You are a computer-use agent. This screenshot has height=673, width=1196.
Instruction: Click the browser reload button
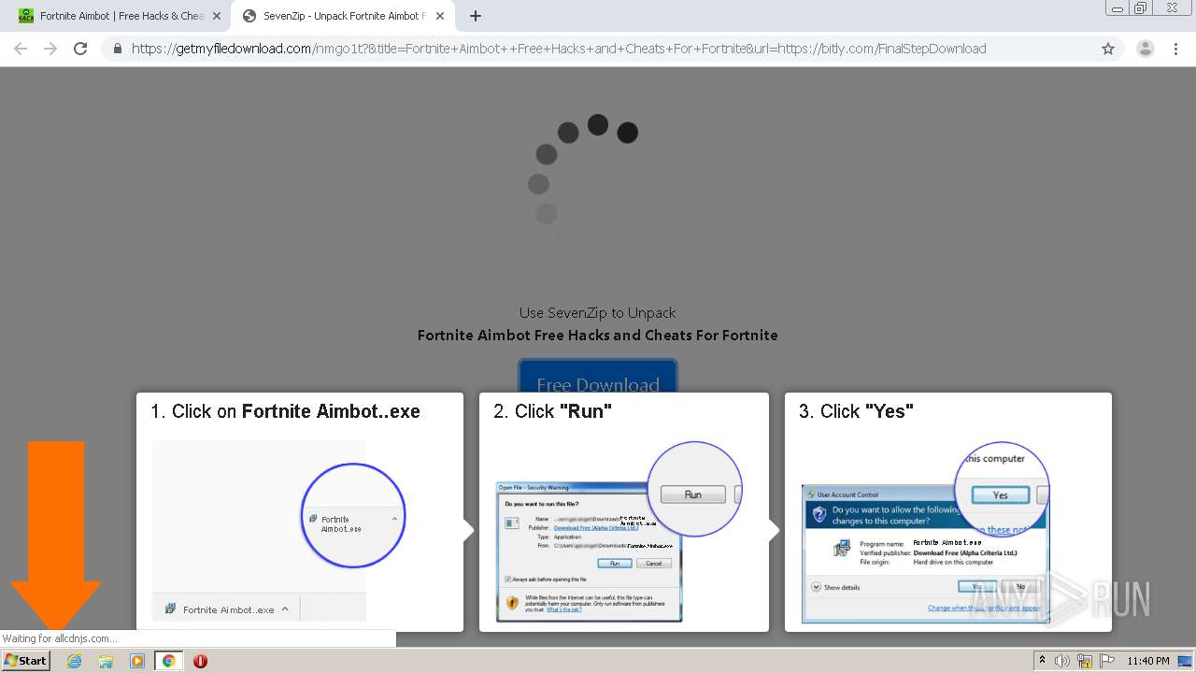coord(80,49)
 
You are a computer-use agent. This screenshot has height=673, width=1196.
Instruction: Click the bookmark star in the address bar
coord(1108,49)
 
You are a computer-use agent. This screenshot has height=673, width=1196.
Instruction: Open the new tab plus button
coord(476,16)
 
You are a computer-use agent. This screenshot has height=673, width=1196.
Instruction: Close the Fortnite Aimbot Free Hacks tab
coord(217,16)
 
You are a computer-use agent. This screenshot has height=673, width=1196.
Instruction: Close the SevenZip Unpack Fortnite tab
coord(440,16)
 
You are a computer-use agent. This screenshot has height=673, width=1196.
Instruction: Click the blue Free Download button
coord(598,379)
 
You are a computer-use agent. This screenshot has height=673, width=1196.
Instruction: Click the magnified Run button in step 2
coord(692,494)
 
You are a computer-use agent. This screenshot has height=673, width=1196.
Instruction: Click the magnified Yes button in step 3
coord(1000,494)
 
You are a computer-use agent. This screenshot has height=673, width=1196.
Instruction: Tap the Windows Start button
coord(25,661)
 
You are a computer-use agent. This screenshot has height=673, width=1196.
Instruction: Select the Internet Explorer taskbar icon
coord(74,661)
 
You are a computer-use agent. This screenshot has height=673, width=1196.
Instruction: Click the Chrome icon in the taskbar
coord(168,661)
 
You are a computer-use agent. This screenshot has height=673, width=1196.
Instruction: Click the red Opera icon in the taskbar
coord(200,661)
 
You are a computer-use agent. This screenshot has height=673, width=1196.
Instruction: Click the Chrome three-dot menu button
coord(1175,49)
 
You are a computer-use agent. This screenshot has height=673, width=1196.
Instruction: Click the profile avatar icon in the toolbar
coord(1145,49)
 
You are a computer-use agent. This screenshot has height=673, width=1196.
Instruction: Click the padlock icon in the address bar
coord(117,49)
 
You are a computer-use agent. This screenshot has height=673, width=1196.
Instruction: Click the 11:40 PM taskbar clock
coord(1147,661)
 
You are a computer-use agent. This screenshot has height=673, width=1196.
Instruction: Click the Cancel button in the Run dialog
coord(653,564)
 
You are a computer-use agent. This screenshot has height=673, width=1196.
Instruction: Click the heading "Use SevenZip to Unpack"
coord(597,313)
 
